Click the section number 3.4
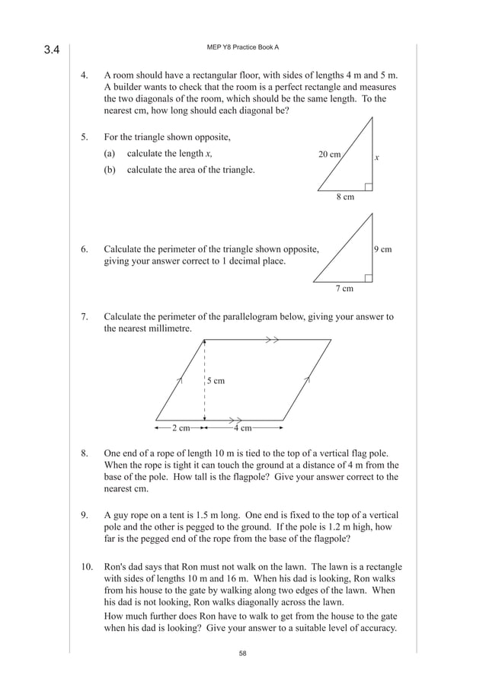click(52, 51)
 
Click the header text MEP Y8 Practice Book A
click(242, 47)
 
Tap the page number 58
click(242, 653)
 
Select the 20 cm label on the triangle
click(329, 154)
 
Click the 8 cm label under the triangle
click(345, 197)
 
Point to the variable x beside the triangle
click(376, 158)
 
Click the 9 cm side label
click(383, 249)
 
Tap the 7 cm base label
click(344, 289)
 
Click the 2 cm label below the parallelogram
click(181, 427)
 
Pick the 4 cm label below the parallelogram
click(242, 427)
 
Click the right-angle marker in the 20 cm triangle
click(369, 186)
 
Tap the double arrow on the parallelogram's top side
click(272, 340)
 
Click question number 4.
click(86, 76)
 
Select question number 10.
click(87, 567)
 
